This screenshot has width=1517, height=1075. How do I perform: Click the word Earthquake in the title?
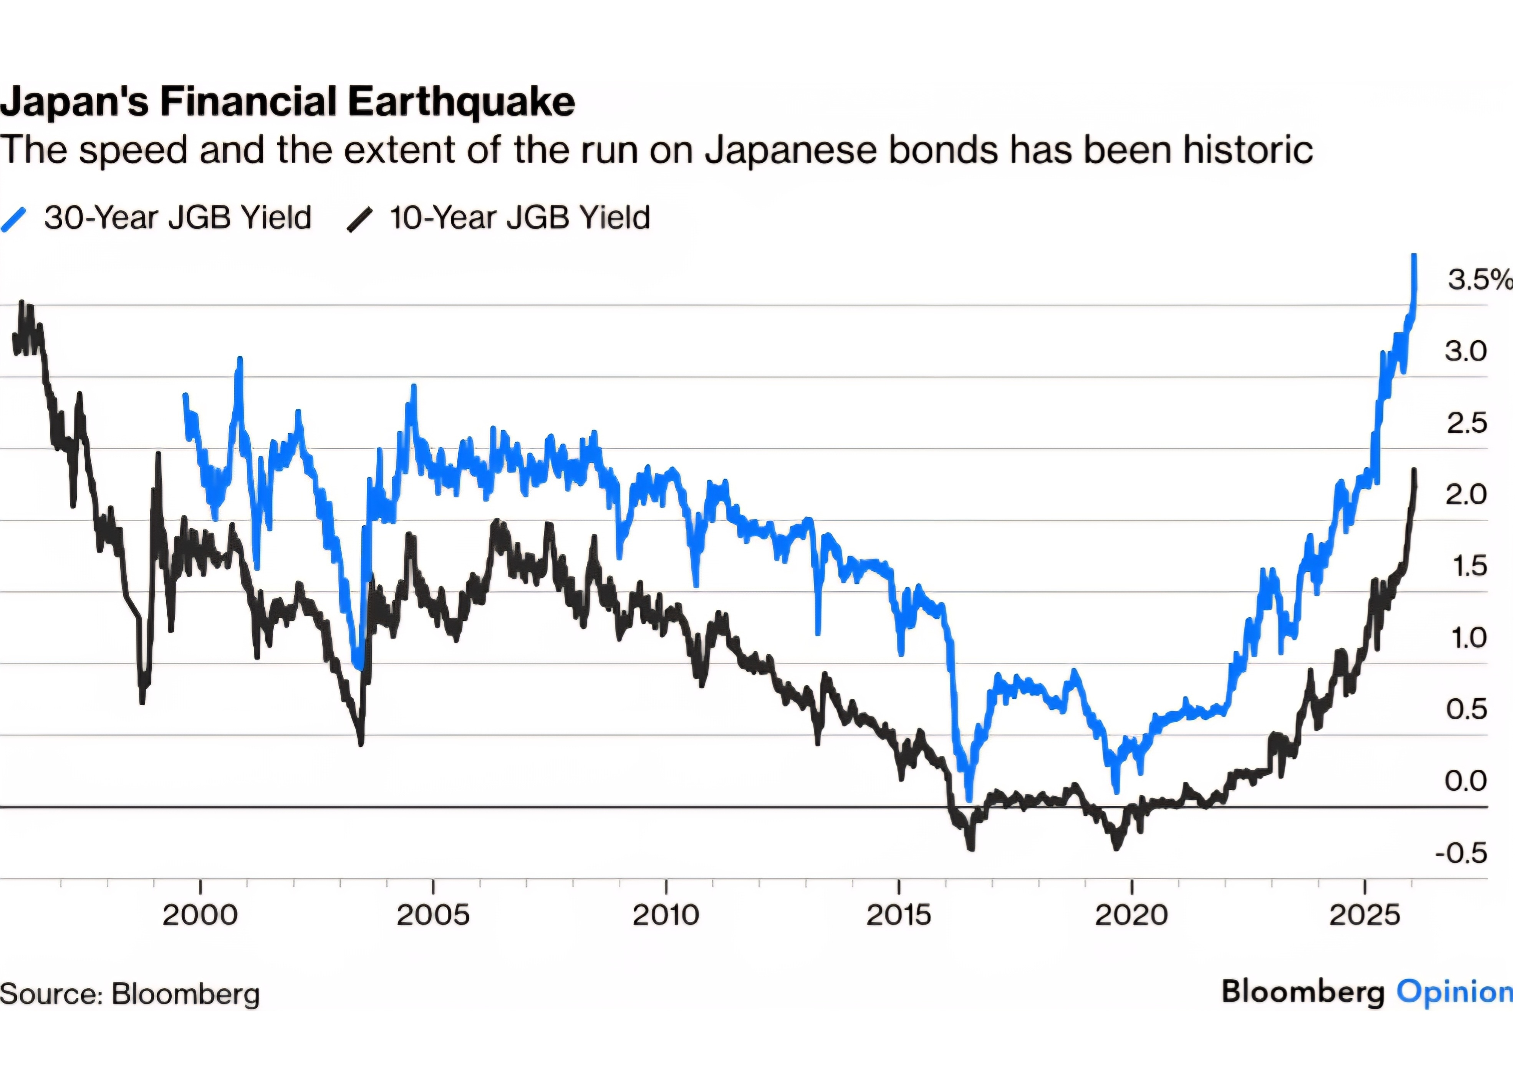point(461,103)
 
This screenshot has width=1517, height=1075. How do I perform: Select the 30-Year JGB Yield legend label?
point(177,218)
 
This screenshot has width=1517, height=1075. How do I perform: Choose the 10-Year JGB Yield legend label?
point(520,218)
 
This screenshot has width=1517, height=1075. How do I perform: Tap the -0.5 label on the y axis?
point(1461,853)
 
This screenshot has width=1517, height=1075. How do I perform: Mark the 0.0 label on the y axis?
point(1466,782)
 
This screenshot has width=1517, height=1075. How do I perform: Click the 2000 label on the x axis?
point(200,915)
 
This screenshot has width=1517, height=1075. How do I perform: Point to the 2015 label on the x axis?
point(899,915)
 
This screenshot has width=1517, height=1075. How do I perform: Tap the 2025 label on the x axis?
point(1365,915)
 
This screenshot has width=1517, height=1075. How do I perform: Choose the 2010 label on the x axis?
point(666,915)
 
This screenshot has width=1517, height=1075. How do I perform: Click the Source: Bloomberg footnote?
point(130,994)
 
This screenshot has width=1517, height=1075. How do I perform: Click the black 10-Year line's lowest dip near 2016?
point(971,847)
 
